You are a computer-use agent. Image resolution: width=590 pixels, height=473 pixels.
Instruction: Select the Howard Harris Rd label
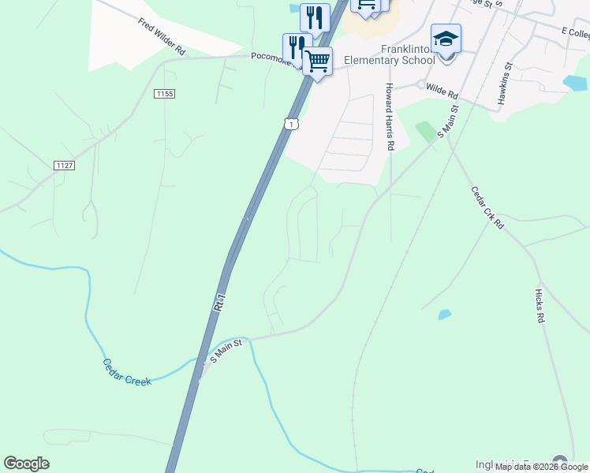tap(390, 117)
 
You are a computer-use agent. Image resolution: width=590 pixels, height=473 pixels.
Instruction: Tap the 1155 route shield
tap(164, 94)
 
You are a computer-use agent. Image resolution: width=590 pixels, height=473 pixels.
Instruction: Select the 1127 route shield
tap(65, 165)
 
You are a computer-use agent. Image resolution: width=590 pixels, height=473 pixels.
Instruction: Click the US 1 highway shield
tap(292, 124)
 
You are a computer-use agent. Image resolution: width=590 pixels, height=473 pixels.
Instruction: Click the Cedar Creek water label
tap(126, 372)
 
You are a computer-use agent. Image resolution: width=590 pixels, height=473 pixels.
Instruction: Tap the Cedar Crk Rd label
tap(487, 207)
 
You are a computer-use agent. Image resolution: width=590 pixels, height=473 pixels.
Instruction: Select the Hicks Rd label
tap(540, 306)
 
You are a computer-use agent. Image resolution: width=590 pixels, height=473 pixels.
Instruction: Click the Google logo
tap(27, 464)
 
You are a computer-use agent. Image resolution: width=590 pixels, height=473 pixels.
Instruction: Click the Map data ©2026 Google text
tap(542, 467)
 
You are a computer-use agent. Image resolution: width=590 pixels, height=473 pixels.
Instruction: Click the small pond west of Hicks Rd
tap(445, 315)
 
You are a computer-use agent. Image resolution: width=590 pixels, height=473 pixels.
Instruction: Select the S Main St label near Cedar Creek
tap(226, 352)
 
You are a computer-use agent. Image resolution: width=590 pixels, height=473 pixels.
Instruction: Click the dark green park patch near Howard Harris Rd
tap(426, 131)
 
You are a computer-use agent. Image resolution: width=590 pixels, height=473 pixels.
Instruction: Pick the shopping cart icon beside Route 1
tap(317, 61)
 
